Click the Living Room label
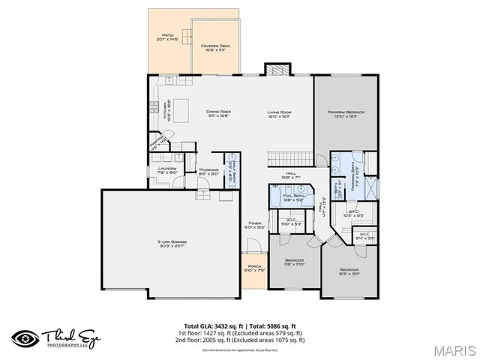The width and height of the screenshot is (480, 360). [x=279, y=114]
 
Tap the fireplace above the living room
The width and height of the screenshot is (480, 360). [x=276, y=69]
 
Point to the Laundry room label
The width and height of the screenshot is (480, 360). [x=166, y=169]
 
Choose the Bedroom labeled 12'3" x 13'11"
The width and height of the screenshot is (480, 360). [x=349, y=271]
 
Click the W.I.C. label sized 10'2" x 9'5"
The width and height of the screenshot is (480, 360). [x=355, y=213]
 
